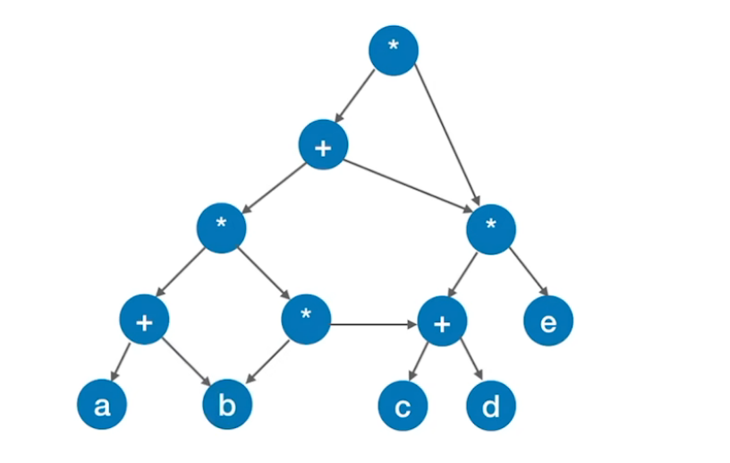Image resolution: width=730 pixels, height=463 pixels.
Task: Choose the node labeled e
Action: click(547, 322)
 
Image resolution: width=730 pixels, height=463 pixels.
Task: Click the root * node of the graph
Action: click(394, 49)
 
